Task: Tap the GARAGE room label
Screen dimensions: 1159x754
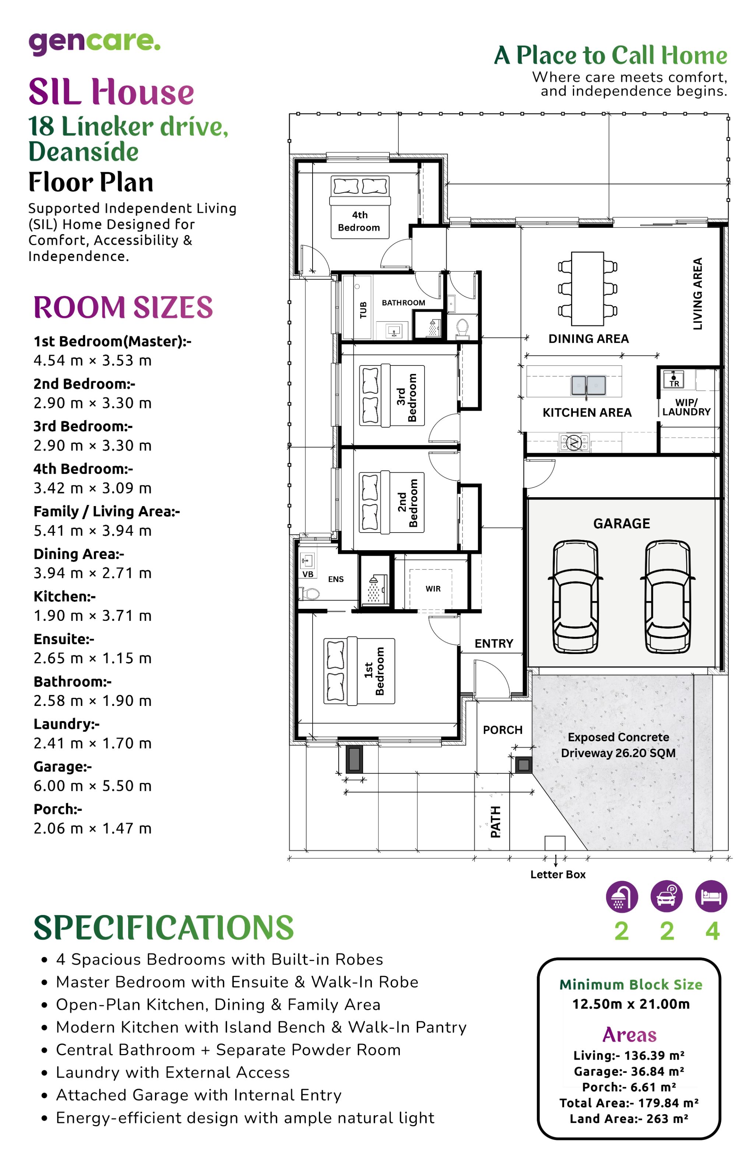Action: [621, 523]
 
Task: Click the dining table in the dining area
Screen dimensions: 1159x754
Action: [588, 288]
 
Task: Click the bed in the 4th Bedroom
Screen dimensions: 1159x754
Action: [360, 207]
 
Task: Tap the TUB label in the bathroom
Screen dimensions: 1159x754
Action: [363, 310]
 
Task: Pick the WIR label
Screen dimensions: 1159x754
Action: [433, 589]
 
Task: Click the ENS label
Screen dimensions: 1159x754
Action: [336, 579]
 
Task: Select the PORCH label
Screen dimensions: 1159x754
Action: [503, 730]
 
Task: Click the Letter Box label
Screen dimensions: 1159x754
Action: [558, 874]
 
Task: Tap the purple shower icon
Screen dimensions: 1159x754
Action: [621, 897]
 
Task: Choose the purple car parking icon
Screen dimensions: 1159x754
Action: [666, 897]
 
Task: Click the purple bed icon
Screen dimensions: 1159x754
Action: [711, 897]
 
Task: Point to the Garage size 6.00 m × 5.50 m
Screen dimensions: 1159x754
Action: [92, 785]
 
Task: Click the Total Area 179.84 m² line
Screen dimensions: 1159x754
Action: [629, 1103]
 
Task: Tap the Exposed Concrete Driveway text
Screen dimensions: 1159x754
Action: [618, 745]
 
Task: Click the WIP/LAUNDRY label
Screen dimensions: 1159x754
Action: [686, 407]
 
